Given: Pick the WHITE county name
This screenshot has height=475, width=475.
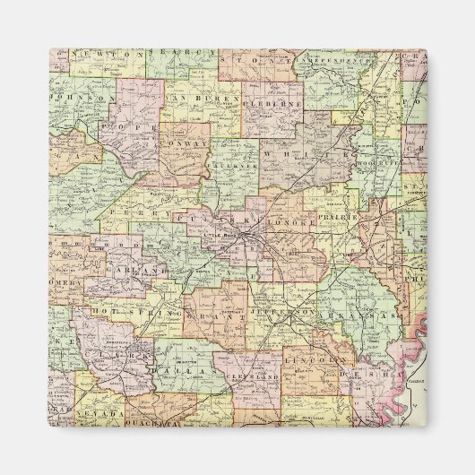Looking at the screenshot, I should point(309,152).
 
